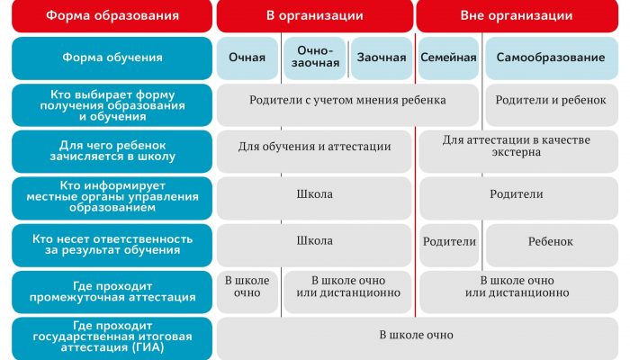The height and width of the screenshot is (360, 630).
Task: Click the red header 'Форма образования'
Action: pyautogui.click(x=112, y=15)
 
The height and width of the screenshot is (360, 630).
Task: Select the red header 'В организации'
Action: pyautogui.click(x=315, y=15)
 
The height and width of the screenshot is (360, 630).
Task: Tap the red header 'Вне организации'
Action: pyautogui.click(x=517, y=15)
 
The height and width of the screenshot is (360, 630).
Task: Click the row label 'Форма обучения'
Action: pyautogui.click(x=112, y=58)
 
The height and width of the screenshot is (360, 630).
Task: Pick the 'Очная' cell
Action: pyautogui.click(x=247, y=58)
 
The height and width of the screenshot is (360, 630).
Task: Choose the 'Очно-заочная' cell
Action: pyautogui.click(x=315, y=58)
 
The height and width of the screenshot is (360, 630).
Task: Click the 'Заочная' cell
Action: pyautogui.click(x=382, y=58)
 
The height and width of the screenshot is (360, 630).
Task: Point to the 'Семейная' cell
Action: pyautogui.click(x=448, y=58)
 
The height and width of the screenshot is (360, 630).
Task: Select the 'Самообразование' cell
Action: pyautogui.click(x=551, y=58)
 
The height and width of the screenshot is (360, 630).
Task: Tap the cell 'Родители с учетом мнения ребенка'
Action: pyautogui.click(x=347, y=104)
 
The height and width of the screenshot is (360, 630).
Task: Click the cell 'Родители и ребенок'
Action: pyautogui.click(x=551, y=104)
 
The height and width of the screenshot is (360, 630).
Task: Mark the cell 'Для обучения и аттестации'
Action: pyautogui.click(x=314, y=151)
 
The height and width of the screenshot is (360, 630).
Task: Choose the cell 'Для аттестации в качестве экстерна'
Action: pyautogui.click(x=518, y=151)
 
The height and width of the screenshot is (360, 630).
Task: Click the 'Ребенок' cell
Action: pyautogui.click(x=551, y=246)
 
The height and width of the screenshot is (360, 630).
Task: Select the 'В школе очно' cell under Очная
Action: pyautogui.click(x=247, y=292)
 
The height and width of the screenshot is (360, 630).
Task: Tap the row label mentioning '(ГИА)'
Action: pyautogui.click(x=112, y=338)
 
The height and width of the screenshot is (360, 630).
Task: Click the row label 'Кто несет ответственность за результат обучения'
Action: pyautogui.click(x=112, y=246)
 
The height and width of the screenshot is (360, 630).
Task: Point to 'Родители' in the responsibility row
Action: pyautogui.click(x=449, y=246)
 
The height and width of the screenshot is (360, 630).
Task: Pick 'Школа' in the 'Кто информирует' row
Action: pyautogui.click(x=314, y=198)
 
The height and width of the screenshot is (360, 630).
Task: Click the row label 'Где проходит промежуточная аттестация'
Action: pyautogui.click(x=112, y=292)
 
